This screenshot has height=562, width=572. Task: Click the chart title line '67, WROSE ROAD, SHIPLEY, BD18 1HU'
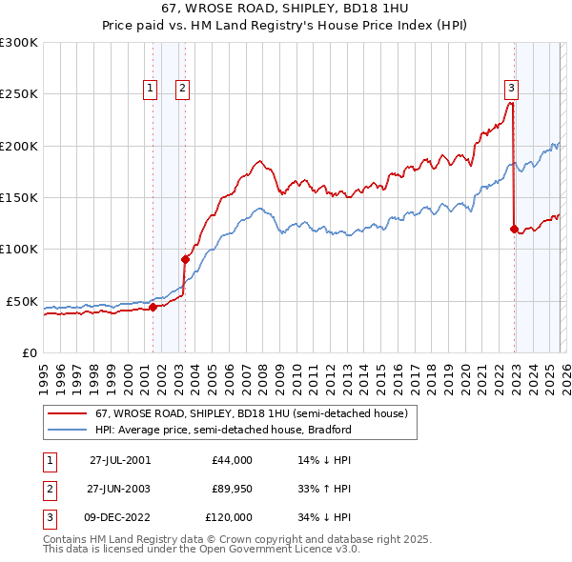pos(285,9)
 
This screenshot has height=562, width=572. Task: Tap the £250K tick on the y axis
pos(19,94)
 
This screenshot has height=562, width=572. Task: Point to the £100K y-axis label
pos(19,249)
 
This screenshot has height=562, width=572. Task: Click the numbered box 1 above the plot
pos(151,89)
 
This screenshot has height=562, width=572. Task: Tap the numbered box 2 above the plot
pos(182,89)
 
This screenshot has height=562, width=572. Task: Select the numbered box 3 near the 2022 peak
pos(511,89)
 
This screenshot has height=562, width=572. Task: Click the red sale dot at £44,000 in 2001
pos(153,307)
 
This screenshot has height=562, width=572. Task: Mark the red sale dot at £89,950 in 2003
pos(185,259)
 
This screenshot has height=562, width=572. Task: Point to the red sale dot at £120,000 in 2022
pos(514,229)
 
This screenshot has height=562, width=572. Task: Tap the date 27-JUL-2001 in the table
pos(119,460)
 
